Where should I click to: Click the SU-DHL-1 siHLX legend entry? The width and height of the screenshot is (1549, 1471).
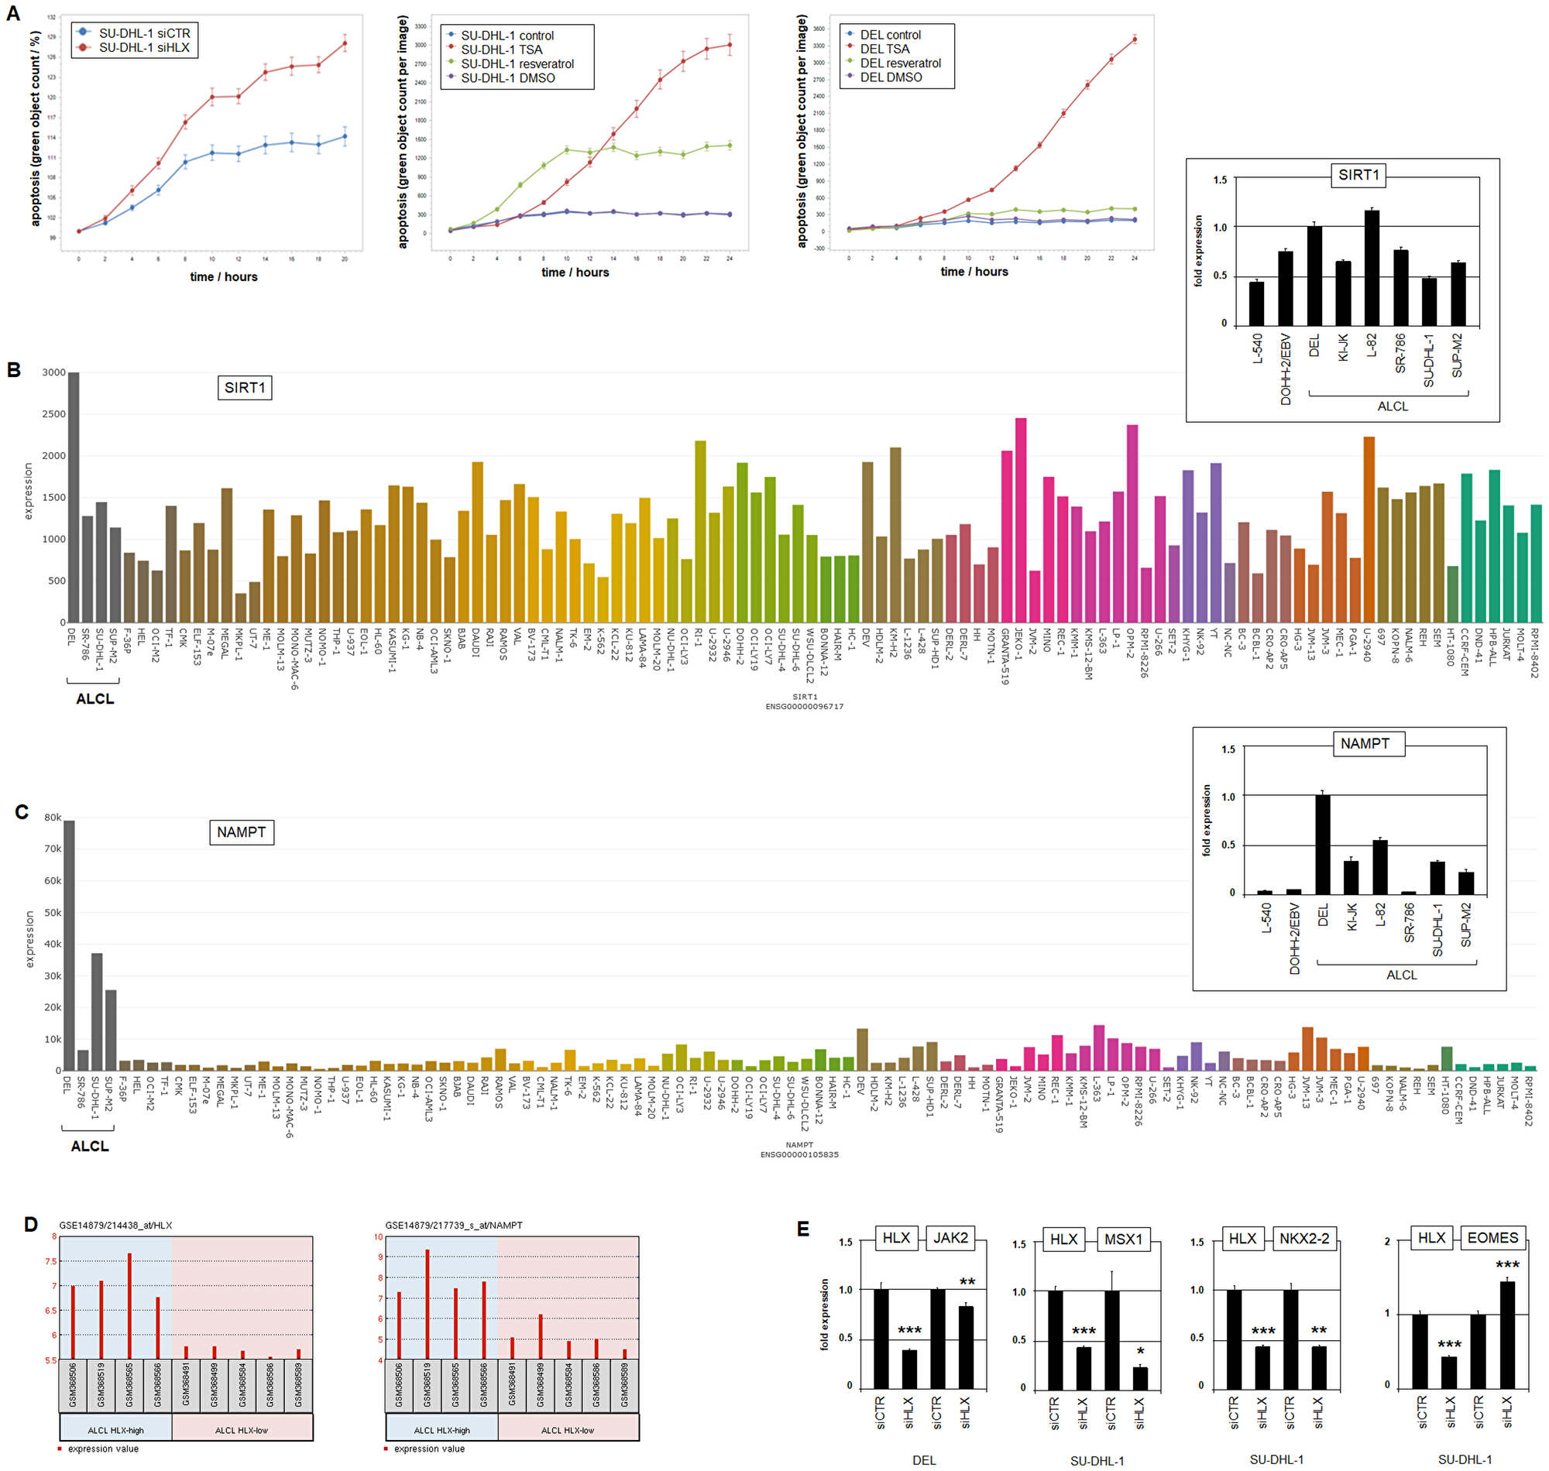pyautogui.click(x=143, y=48)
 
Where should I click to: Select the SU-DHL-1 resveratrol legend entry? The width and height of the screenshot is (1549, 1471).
pyautogui.click(x=517, y=64)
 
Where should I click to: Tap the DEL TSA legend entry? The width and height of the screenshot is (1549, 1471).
pyautogui.click(x=884, y=50)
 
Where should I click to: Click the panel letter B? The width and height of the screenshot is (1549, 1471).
pyautogui.click(x=14, y=370)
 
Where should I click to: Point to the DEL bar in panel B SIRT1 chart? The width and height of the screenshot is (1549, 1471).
pyautogui.click(x=74, y=497)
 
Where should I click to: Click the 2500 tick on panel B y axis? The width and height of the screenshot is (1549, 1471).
pyautogui.click(x=54, y=414)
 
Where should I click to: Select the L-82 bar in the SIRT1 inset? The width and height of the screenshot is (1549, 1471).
pyautogui.click(x=1371, y=266)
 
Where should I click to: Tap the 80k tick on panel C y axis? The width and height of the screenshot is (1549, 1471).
pyautogui.click(x=53, y=817)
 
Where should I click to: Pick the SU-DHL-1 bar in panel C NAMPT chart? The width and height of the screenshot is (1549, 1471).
pyautogui.click(x=98, y=1012)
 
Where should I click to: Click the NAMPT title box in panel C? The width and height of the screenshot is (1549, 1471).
pyautogui.click(x=242, y=832)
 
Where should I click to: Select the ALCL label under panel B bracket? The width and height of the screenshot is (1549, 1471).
pyautogui.click(x=95, y=698)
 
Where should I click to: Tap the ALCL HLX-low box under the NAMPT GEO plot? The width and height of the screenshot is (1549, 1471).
pyautogui.click(x=568, y=1429)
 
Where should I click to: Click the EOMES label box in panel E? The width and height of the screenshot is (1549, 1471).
pyautogui.click(x=1492, y=1237)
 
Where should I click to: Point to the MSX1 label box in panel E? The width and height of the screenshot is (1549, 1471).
pyautogui.click(x=1123, y=1239)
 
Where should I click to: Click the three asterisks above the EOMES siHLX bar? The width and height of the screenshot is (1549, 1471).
pyautogui.click(x=1506, y=1265)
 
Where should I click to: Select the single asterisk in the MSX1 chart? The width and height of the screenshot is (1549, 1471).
pyautogui.click(x=1140, y=1351)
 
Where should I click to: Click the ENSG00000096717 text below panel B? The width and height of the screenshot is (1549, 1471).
pyautogui.click(x=804, y=707)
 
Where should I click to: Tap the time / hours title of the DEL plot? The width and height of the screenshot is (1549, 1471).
pyautogui.click(x=974, y=271)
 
